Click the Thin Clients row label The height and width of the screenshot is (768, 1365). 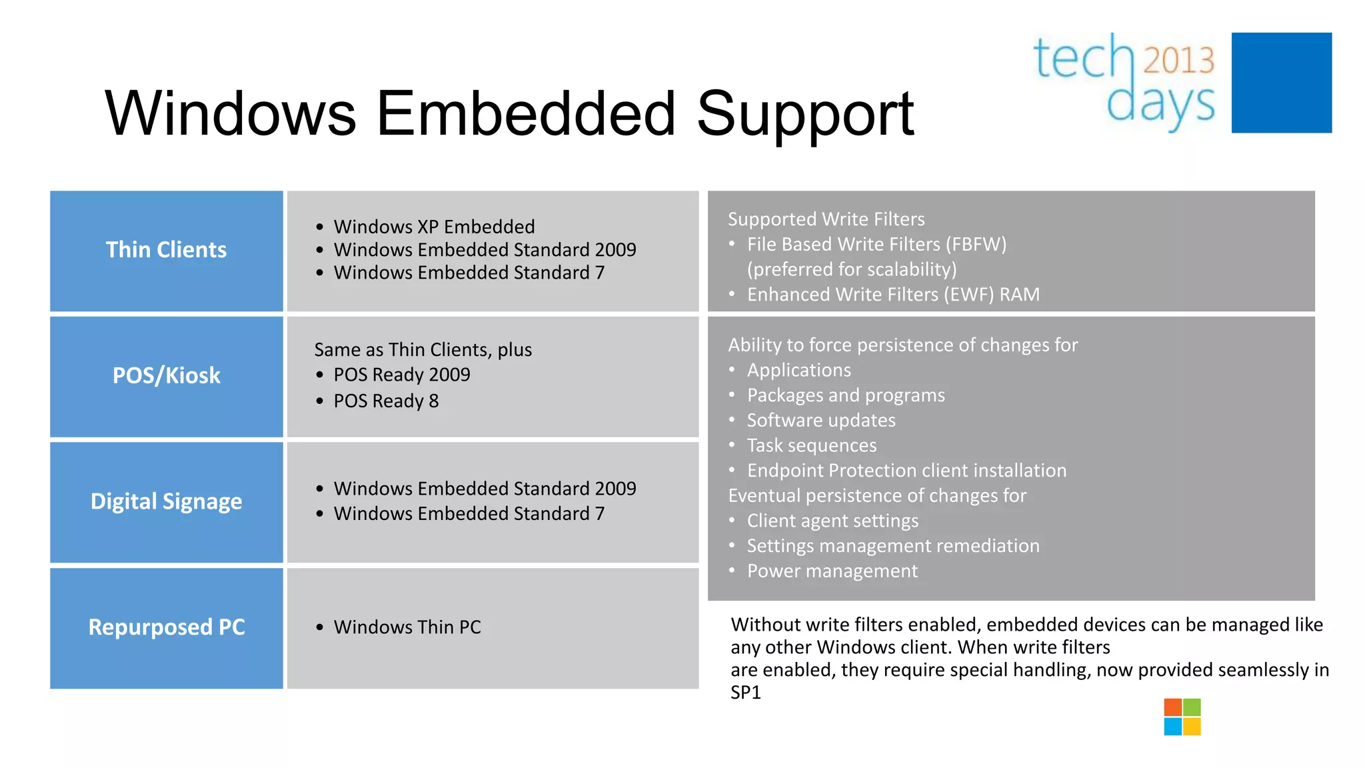click(166, 250)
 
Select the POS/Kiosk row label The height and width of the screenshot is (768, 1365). click(166, 376)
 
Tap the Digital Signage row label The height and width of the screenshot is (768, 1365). click(166, 501)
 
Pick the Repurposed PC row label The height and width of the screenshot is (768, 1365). click(167, 627)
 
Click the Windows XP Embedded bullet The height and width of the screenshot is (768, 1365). click(434, 227)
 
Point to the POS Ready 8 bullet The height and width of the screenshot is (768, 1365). click(386, 401)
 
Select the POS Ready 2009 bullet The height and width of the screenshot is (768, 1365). click(402, 375)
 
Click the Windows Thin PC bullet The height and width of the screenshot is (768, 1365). click(407, 627)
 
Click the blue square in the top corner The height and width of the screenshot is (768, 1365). click(1281, 83)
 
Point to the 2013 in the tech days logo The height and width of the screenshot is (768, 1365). click(1178, 60)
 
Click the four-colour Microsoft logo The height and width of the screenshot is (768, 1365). click(1182, 717)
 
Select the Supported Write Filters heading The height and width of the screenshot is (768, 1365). click(826, 219)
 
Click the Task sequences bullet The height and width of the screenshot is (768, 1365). click(811, 445)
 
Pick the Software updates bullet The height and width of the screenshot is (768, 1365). click(820, 421)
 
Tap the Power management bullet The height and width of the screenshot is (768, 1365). click(832, 571)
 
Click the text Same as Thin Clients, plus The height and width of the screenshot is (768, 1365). click(423, 350)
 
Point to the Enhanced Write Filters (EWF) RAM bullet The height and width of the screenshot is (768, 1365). click(892, 295)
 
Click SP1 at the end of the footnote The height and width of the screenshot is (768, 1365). click(745, 693)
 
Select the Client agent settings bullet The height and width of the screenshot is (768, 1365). click(832, 521)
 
